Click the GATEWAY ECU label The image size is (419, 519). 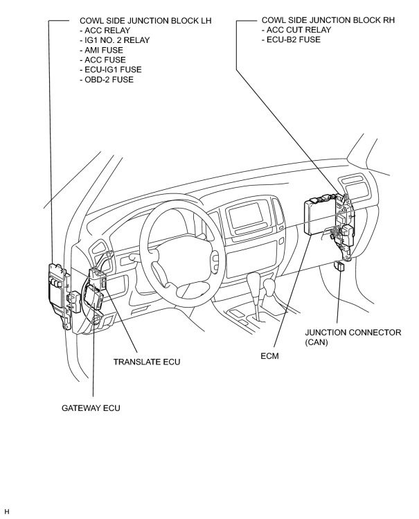[91, 407]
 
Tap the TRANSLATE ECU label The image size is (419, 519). [147, 362]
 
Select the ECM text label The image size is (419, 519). [269, 356]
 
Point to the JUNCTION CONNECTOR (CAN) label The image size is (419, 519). [353, 337]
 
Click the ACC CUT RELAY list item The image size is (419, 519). [296, 30]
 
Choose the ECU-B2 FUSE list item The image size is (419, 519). [291, 39]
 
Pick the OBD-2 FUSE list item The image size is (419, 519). [107, 80]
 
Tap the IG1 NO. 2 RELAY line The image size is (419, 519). [115, 40]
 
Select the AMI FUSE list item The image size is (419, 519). [102, 50]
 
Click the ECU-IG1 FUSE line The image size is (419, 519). [111, 69]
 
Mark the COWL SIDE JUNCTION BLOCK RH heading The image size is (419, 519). [328, 20]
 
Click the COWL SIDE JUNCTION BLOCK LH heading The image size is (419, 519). [145, 21]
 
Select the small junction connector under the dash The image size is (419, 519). [339, 266]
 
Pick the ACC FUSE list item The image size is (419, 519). [103, 60]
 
